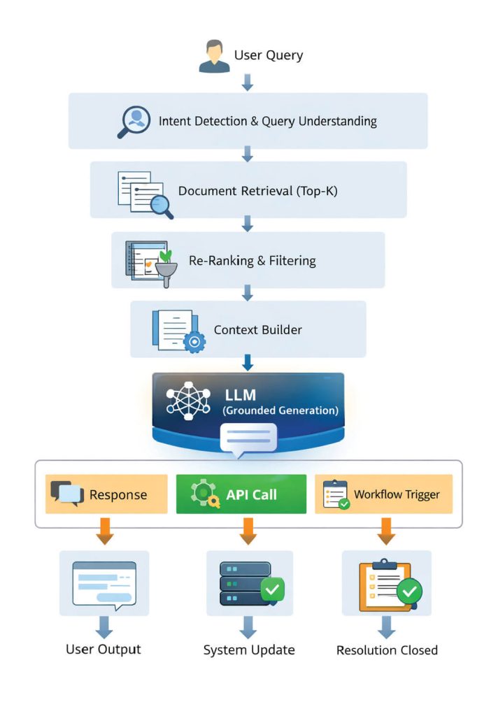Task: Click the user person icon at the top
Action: [214, 57]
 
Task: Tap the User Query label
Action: [269, 56]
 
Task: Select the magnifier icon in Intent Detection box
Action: [134, 121]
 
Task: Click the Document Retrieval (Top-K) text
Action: [257, 190]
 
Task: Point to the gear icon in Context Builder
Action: [193, 341]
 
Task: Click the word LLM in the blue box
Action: [239, 396]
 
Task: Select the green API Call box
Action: [241, 494]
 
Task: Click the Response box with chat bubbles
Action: [106, 494]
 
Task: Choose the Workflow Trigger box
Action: [383, 494]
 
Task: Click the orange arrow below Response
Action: [105, 529]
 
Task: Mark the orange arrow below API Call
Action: [248, 529]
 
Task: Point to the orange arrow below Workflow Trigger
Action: [385, 529]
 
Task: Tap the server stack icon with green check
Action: [248, 583]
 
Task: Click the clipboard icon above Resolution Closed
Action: [386, 585]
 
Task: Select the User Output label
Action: [104, 649]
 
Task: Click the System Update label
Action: [249, 650]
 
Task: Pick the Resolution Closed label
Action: [387, 650]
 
